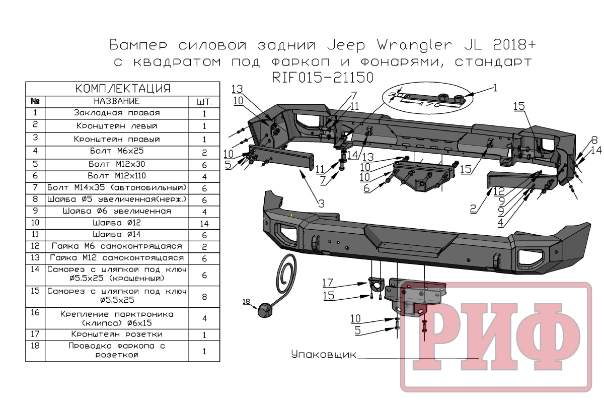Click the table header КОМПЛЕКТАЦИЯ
[123, 89]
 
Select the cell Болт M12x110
[117, 175]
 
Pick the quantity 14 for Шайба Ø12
[204, 223]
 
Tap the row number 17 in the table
[35, 333]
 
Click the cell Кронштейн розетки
[117, 334]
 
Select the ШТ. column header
[204, 101]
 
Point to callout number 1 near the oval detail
[495, 87]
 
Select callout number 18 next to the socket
[246, 302]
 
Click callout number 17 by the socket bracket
[328, 283]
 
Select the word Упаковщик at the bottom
[324, 355]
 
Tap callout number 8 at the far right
[594, 140]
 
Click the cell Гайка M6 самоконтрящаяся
[117, 246]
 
